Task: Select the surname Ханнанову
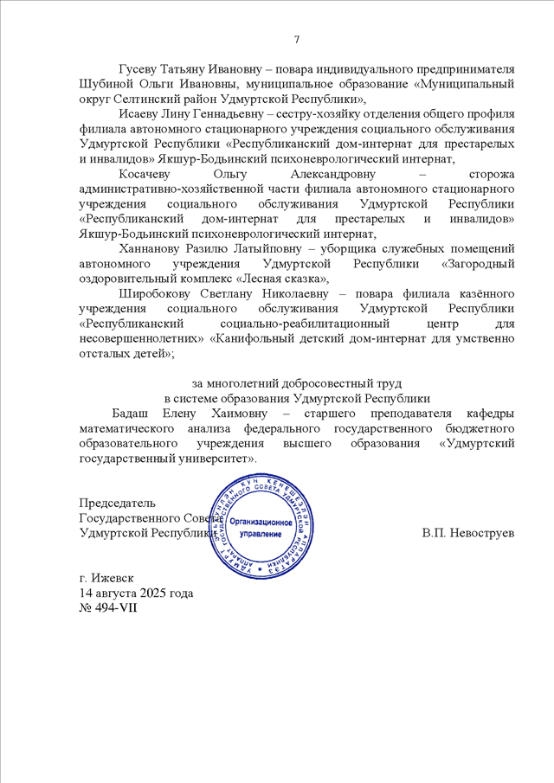point(148,249)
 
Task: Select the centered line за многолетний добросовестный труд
point(297,383)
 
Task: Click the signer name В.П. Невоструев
point(469,533)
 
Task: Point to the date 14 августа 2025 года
point(136,593)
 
